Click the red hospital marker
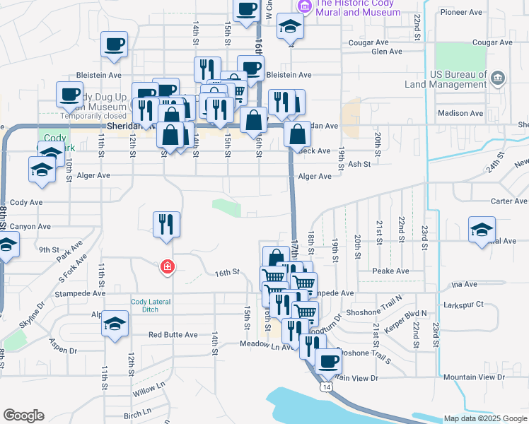[167, 266]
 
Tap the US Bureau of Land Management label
[444, 79]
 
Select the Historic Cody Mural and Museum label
[358, 8]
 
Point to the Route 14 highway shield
[325, 387]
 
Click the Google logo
[23, 416]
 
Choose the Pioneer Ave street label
[460, 12]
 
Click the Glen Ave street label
[387, 52]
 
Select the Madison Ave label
[460, 113]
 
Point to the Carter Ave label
[509, 201]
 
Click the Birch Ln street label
[137, 412]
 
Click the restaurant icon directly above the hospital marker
[167, 224]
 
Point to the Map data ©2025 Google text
[484, 418]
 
